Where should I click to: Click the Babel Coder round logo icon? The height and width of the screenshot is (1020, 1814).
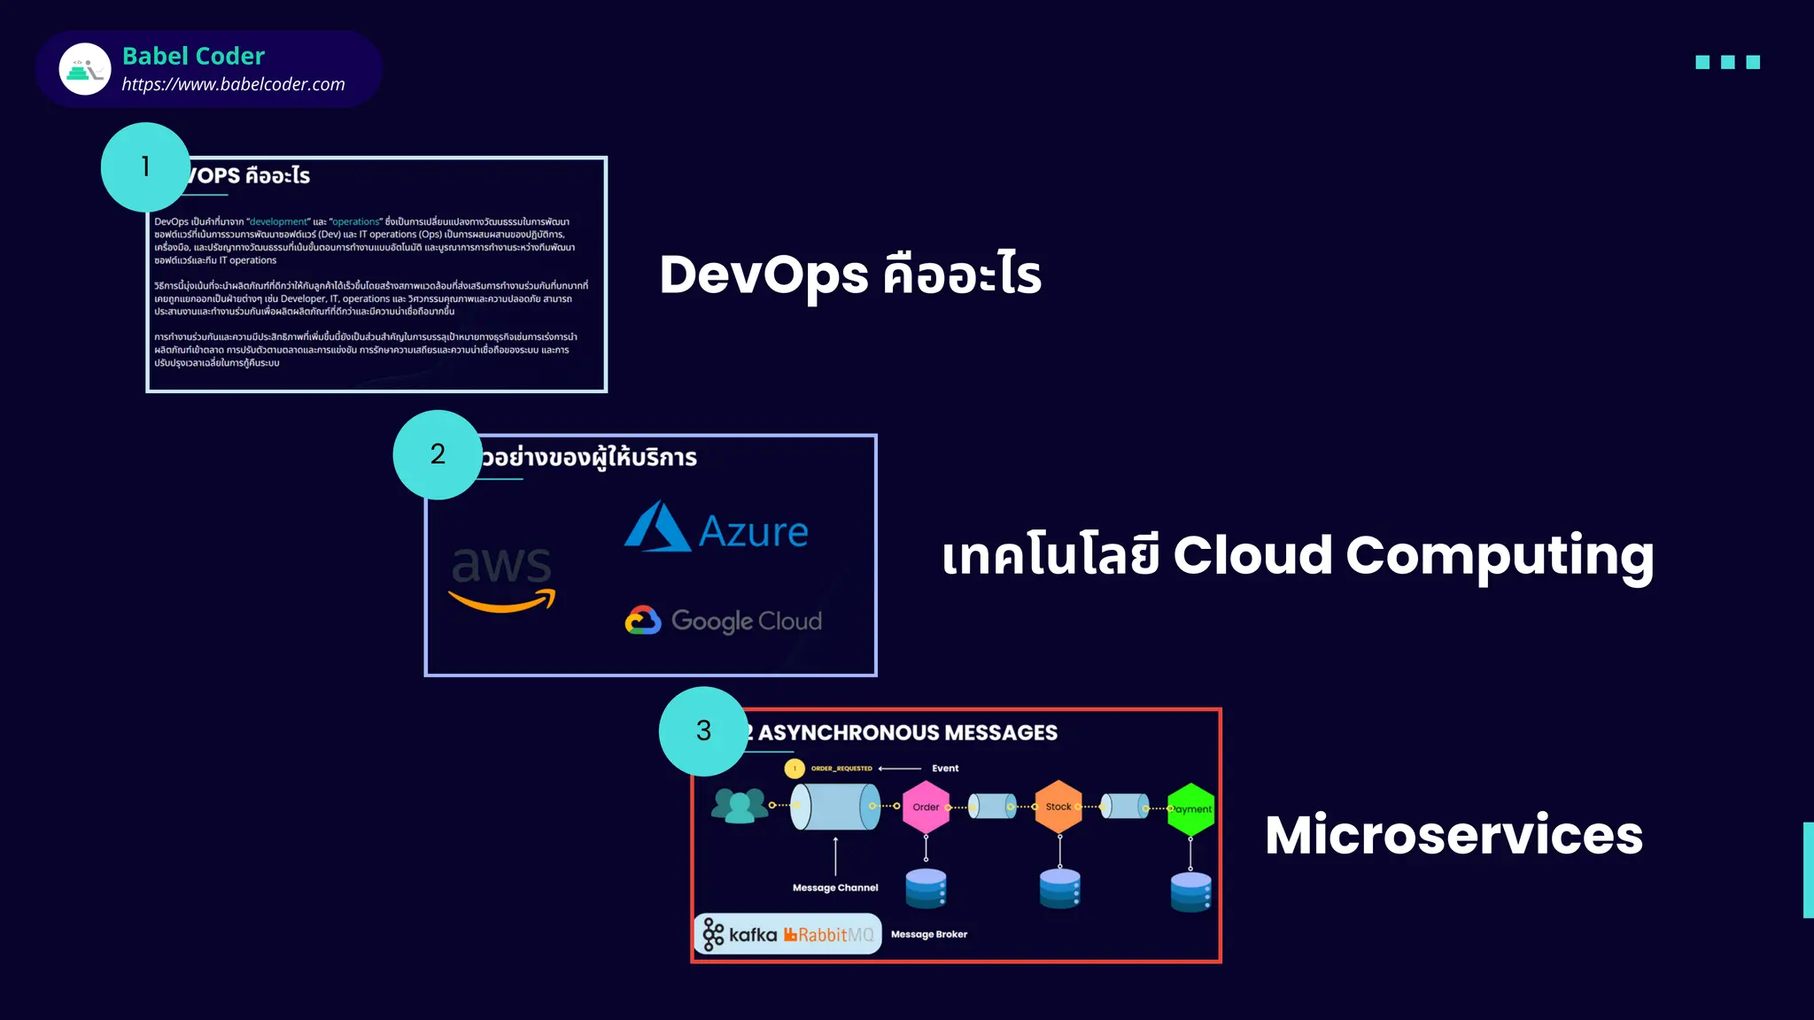[x=85, y=69]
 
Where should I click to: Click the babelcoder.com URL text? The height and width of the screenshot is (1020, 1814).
[x=233, y=84]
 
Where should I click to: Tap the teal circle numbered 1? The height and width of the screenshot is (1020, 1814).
[x=145, y=166]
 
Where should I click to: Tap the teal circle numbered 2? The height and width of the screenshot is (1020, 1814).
[x=438, y=454]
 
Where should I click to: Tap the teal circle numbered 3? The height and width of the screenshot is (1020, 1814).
[x=703, y=730]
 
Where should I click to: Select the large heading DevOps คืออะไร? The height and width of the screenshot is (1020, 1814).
[x=849, y=274]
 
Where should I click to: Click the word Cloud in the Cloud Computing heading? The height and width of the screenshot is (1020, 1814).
[x=1252, y=555]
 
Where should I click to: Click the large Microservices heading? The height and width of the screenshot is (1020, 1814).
[x=1453, y=835]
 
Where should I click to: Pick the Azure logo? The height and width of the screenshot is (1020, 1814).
[x=716, y=529]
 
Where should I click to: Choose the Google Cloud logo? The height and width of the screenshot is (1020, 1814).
[x=723, y=621]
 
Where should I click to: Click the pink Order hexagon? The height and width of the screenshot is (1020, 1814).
[x=926, y=807]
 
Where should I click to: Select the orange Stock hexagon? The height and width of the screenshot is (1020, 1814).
[x=1058, y=807]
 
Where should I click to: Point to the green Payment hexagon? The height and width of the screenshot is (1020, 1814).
[x=1191, y=808]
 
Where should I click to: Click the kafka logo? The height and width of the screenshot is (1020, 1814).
[x=740, y=934]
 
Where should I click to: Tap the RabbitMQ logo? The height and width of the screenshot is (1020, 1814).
[x=829, y=935]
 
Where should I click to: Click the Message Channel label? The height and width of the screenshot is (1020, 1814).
[x=834, y=887]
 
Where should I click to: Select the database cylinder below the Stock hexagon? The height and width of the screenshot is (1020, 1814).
[x=1059, y=888]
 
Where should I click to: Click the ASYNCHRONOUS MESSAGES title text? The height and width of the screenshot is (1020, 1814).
[x=906, y=733]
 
